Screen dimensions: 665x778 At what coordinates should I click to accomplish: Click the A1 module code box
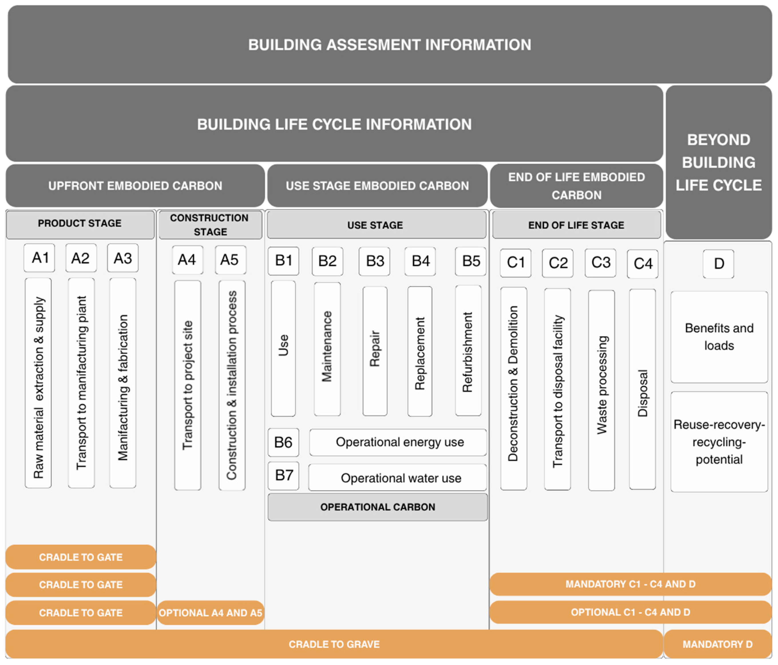pos(39,258)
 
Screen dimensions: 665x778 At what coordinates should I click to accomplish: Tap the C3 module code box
pos(600,263)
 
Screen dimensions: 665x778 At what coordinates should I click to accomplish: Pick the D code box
pos(718,264)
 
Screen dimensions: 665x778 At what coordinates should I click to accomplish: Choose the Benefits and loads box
pos(719,337)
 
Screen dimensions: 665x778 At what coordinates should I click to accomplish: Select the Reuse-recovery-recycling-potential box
pos(719,441)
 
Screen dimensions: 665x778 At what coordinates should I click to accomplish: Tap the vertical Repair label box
pos(375,351)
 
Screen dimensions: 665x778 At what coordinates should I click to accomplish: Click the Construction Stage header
pos(210,225)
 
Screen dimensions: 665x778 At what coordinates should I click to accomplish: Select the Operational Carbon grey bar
pos(377,507)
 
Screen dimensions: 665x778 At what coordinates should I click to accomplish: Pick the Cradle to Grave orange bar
pos(334,644)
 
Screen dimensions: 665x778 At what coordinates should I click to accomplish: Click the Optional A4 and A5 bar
pos(210,613)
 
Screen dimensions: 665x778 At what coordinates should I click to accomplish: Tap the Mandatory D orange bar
pos(717,644)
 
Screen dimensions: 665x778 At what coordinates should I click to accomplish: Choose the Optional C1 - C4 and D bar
pos(630,612)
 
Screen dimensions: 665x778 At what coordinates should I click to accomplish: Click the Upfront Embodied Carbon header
pos(135,186)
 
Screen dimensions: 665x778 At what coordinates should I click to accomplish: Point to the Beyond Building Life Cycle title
pos(718,162)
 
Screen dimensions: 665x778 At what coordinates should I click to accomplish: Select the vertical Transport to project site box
pos(187,385)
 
